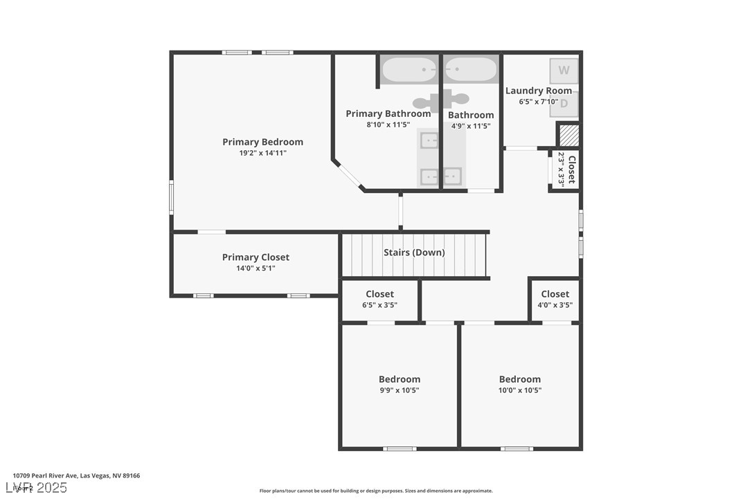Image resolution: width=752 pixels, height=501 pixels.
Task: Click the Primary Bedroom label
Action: point(262,142)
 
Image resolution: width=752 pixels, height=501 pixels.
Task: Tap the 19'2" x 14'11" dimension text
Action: point(262,153)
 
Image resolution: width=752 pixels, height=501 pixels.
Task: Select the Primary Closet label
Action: point(256,257)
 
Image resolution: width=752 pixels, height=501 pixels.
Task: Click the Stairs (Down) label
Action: point(414,253)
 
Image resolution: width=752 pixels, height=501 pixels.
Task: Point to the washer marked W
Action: point(564,70)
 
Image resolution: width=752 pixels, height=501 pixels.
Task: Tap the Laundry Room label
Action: point(539,91)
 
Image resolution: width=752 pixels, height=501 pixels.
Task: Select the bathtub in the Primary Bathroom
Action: point(409,69)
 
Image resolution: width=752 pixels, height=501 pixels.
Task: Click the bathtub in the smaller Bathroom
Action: point(471,69)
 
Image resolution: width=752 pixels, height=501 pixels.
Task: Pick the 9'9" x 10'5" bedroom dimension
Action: point(399,390)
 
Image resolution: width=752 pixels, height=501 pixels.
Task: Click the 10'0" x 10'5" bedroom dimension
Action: point(519,390)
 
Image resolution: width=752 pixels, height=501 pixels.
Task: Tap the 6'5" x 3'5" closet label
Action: point(379,305)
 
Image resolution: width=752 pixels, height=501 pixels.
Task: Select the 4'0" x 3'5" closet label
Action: point(555,305)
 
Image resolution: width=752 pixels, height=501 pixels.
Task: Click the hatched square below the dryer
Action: point(568,134)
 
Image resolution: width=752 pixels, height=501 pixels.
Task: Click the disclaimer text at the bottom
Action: point(376,491)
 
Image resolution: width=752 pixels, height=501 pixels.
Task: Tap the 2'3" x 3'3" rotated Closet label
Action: point(566,169)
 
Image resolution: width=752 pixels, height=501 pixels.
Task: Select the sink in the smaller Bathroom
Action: point(453,176)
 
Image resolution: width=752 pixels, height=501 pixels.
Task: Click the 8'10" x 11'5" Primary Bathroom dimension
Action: point(388,125)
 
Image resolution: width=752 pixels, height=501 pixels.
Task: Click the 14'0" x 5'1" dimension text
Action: point(256,268)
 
